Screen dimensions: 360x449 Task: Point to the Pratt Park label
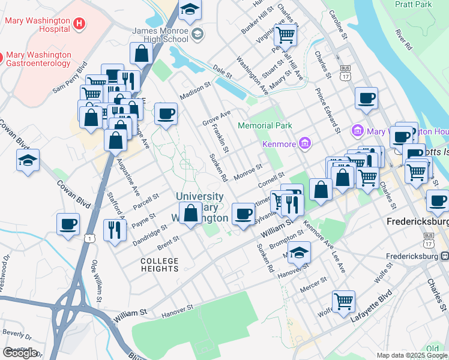(x=414, y=5)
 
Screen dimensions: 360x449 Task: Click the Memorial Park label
(x=265, y=125)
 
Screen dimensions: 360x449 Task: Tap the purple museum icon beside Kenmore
(x=305, y=143)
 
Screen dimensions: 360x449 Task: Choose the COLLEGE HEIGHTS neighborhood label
(x=160, y=265)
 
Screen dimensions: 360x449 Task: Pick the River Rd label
(x=403, y=38)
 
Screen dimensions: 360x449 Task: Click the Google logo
(x=20, y=353)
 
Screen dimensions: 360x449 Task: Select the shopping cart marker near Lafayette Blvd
(x=343, y=301)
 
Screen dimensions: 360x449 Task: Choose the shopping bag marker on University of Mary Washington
(x=191, y=213)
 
